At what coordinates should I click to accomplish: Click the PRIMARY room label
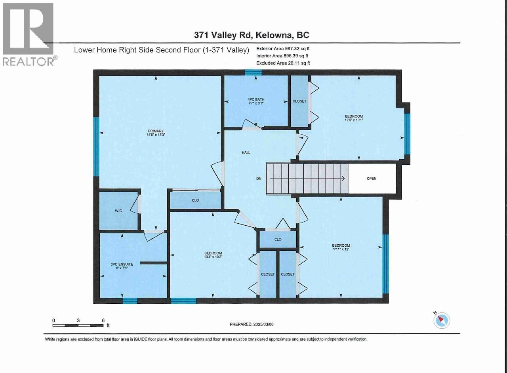pos(156,131)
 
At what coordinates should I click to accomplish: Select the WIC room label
pos(118,211)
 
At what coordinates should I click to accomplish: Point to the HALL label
pos(246,152)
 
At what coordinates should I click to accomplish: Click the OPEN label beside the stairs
pos(371,179)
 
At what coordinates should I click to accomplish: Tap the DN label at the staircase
pos(259,179)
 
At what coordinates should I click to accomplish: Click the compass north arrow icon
pos(442,320)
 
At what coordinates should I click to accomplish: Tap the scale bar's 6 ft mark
pos(103,321)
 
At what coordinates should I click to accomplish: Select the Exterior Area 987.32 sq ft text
pos(283,49)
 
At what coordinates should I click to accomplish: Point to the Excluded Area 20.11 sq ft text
pos(283,63)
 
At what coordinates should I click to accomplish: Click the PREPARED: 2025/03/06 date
pos(252,324)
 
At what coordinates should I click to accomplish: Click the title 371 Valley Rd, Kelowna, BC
pos(252,35)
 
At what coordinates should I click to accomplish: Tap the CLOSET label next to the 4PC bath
pos(299,101)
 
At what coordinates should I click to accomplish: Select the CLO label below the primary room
pos(195,200)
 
